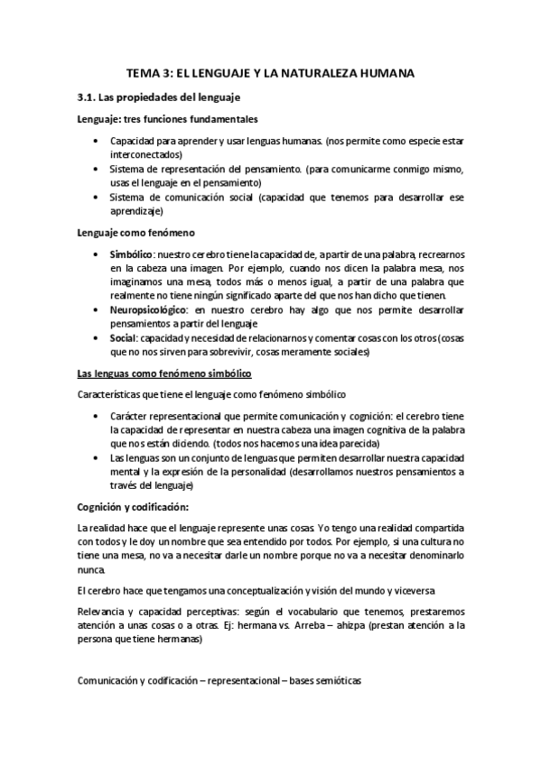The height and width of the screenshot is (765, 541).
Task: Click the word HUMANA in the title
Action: coord(384,76)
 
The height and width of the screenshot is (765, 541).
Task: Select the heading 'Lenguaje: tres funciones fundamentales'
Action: coord(168,119)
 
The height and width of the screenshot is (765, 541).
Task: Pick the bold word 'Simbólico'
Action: coord(131,256)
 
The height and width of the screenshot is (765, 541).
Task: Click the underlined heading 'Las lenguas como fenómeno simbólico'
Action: coord(163,373)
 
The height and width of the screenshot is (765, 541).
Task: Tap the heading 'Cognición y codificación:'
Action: coord(132,504)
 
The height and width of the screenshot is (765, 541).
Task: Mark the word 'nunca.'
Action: coord(91,570)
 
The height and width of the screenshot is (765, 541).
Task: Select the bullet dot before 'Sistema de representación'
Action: coord(97,169)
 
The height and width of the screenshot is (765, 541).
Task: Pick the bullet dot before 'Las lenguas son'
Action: coord(97,458)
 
